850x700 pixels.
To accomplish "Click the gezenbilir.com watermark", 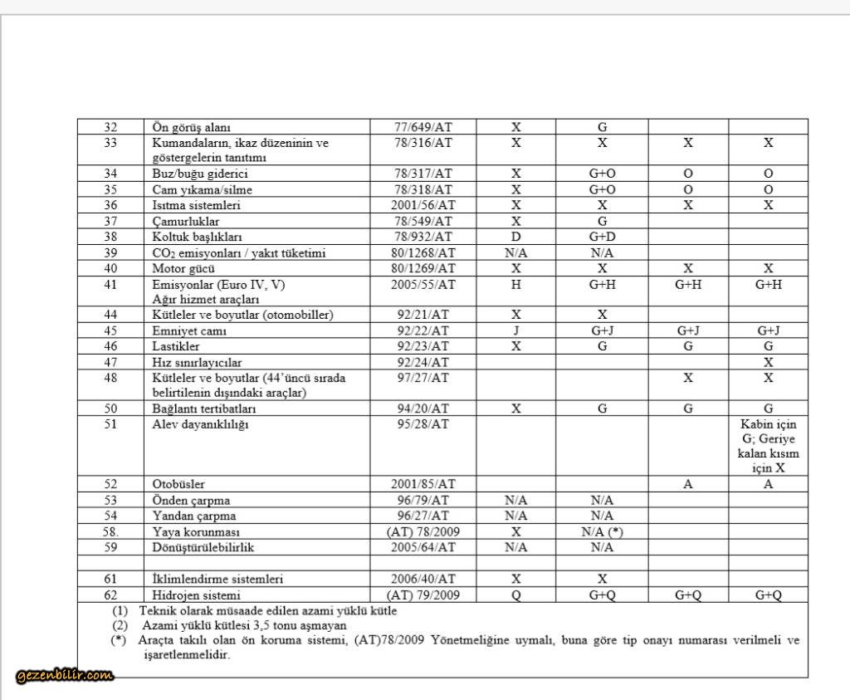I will click(65, 676).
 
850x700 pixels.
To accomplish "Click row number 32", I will click(111, 127).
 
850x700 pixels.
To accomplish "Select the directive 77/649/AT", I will click(423, 127).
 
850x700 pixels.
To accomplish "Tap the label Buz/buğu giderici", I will click(200, 174).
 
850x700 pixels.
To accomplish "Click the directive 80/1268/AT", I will click(423, 252).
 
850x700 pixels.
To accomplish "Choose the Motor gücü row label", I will click(184, 268).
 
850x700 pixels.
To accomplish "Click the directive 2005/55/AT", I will click(423, 284).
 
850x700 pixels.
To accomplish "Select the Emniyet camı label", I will click(189, 330).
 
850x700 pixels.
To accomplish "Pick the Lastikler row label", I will click(176, 345).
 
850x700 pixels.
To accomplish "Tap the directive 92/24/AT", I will click(423, 362).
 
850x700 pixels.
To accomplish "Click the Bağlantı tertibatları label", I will click(204, 409).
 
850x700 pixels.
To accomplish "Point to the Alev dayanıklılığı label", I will click(200, 424).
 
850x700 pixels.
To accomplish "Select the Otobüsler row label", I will click(178, 484).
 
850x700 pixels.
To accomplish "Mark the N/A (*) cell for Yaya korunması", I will click(602, 531).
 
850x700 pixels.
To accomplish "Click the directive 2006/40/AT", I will click(423, 579).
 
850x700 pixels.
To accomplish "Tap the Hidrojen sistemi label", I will click(196, 595).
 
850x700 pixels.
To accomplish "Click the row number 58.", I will click(111, 531).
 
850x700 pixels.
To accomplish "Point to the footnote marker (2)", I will click(120, 625).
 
